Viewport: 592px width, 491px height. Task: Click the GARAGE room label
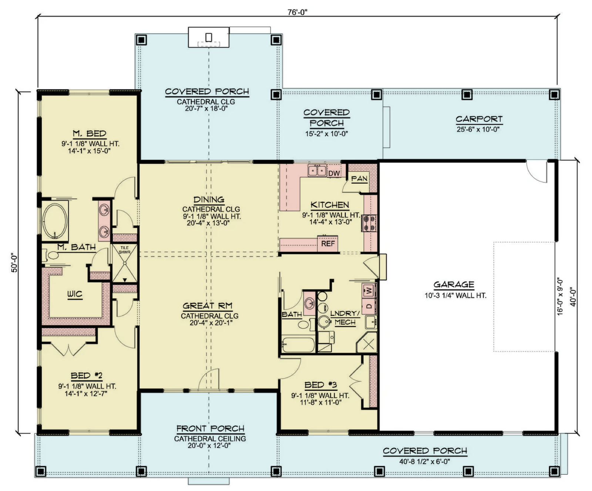[454, 285]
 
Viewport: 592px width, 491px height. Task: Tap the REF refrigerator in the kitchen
[328, 243]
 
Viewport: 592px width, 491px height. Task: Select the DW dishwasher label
[334, 173]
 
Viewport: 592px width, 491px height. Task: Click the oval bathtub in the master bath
[55, 221]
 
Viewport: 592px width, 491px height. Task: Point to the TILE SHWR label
[124, 250]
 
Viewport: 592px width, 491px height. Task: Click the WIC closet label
[75, 294]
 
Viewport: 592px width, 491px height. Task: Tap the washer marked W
[369, 290]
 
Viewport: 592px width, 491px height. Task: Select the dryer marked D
[369, 306]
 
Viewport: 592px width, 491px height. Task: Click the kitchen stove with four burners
[369, 223]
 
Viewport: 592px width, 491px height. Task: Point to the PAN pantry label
[359, 179]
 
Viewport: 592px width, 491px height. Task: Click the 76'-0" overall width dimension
[297, 12]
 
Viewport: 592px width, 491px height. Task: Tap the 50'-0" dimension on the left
[14, 263]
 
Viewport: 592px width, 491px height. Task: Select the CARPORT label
[479, 119]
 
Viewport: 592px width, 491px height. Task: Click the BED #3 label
[320, 385]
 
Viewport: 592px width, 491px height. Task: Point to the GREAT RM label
[208, 306]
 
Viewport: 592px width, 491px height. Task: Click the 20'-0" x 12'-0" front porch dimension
[209, 445]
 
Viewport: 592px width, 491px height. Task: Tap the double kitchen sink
[317, 171]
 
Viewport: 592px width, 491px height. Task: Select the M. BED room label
[90, 134]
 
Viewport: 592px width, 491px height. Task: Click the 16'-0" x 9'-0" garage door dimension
[560, 296]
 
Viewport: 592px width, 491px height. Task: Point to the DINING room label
[209, 199]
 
